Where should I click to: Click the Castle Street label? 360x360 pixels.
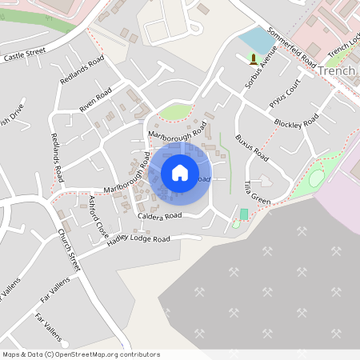click(x=25, y=56)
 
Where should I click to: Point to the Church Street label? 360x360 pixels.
click(x=69, y=250)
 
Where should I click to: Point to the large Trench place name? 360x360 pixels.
click(x=336, y=71)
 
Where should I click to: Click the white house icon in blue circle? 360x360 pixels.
click(x=180, y=172)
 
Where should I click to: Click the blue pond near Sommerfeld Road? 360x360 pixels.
click(x=255, y=40)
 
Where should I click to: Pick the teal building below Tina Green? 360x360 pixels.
click(x=244, y=214)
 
